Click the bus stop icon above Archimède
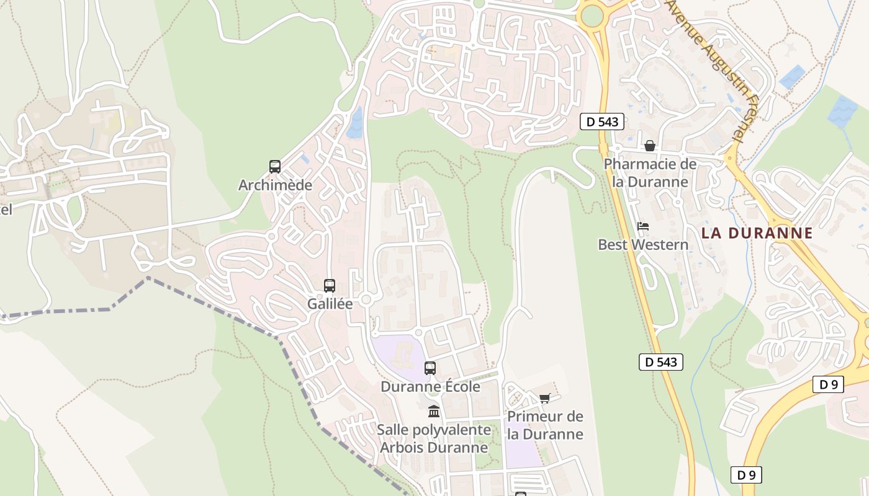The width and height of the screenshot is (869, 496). coord(275,166)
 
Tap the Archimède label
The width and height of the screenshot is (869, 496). coord(275,185)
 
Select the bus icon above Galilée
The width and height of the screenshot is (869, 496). coord(330,286)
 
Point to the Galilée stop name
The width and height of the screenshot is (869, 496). coord(330,304)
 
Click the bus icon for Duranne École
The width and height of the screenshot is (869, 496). coord(430,368)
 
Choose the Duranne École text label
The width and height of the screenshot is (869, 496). coord(430,387)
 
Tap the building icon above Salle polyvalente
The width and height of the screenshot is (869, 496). coord(434,411)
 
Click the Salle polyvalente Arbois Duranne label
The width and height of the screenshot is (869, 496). coord(434,438)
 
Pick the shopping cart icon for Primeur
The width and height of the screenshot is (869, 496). coord(545,398)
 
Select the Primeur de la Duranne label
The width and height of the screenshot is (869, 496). coord(545,425)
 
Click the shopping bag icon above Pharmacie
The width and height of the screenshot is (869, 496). coord(650,146)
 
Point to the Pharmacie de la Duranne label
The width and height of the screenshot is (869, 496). coord(650,173)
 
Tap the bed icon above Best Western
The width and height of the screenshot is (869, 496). coord(643,226)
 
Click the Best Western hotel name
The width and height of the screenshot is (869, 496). coord(643,245)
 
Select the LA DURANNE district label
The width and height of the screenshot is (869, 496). coord(757,233)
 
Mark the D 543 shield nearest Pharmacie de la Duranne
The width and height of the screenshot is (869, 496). coord(602,122)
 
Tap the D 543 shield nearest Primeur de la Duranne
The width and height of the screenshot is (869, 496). coord(661,362)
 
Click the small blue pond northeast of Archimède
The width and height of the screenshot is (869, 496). coord(355,122)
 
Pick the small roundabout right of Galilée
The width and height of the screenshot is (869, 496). coord(366,300)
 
